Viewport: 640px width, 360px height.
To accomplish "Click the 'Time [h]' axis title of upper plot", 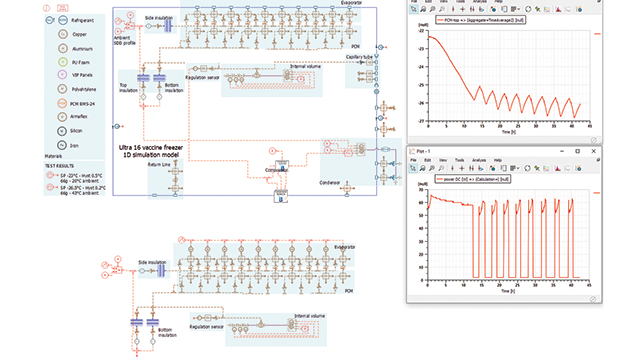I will coord(509,131).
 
